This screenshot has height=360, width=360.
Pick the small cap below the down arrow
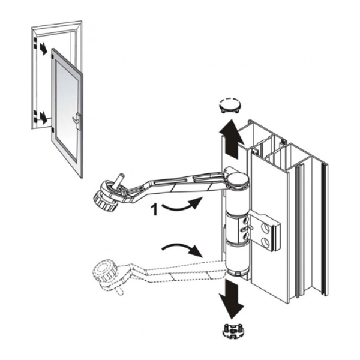(229, 330)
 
